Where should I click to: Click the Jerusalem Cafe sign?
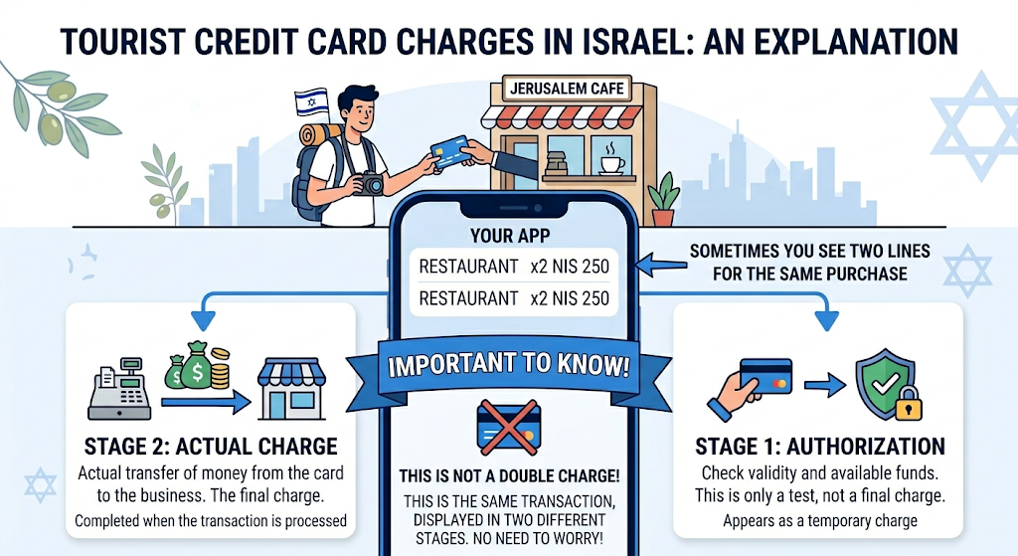point(567,89)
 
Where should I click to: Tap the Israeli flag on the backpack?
point(311,102)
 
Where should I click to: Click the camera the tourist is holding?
point(370,183)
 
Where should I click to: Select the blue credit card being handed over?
point(449,152)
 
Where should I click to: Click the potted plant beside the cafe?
point(663,199)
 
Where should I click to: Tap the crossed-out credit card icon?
point(509,427)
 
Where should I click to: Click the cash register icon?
point(119,389)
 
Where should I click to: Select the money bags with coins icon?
point(198,367)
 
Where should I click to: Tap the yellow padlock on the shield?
point(909,405)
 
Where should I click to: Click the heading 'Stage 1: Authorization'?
point(820,447)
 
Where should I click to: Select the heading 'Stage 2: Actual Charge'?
point(211,447)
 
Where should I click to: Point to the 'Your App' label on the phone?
point(510,235)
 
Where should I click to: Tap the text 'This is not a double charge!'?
point(510,476)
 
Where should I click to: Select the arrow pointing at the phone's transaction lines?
point(661,265)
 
